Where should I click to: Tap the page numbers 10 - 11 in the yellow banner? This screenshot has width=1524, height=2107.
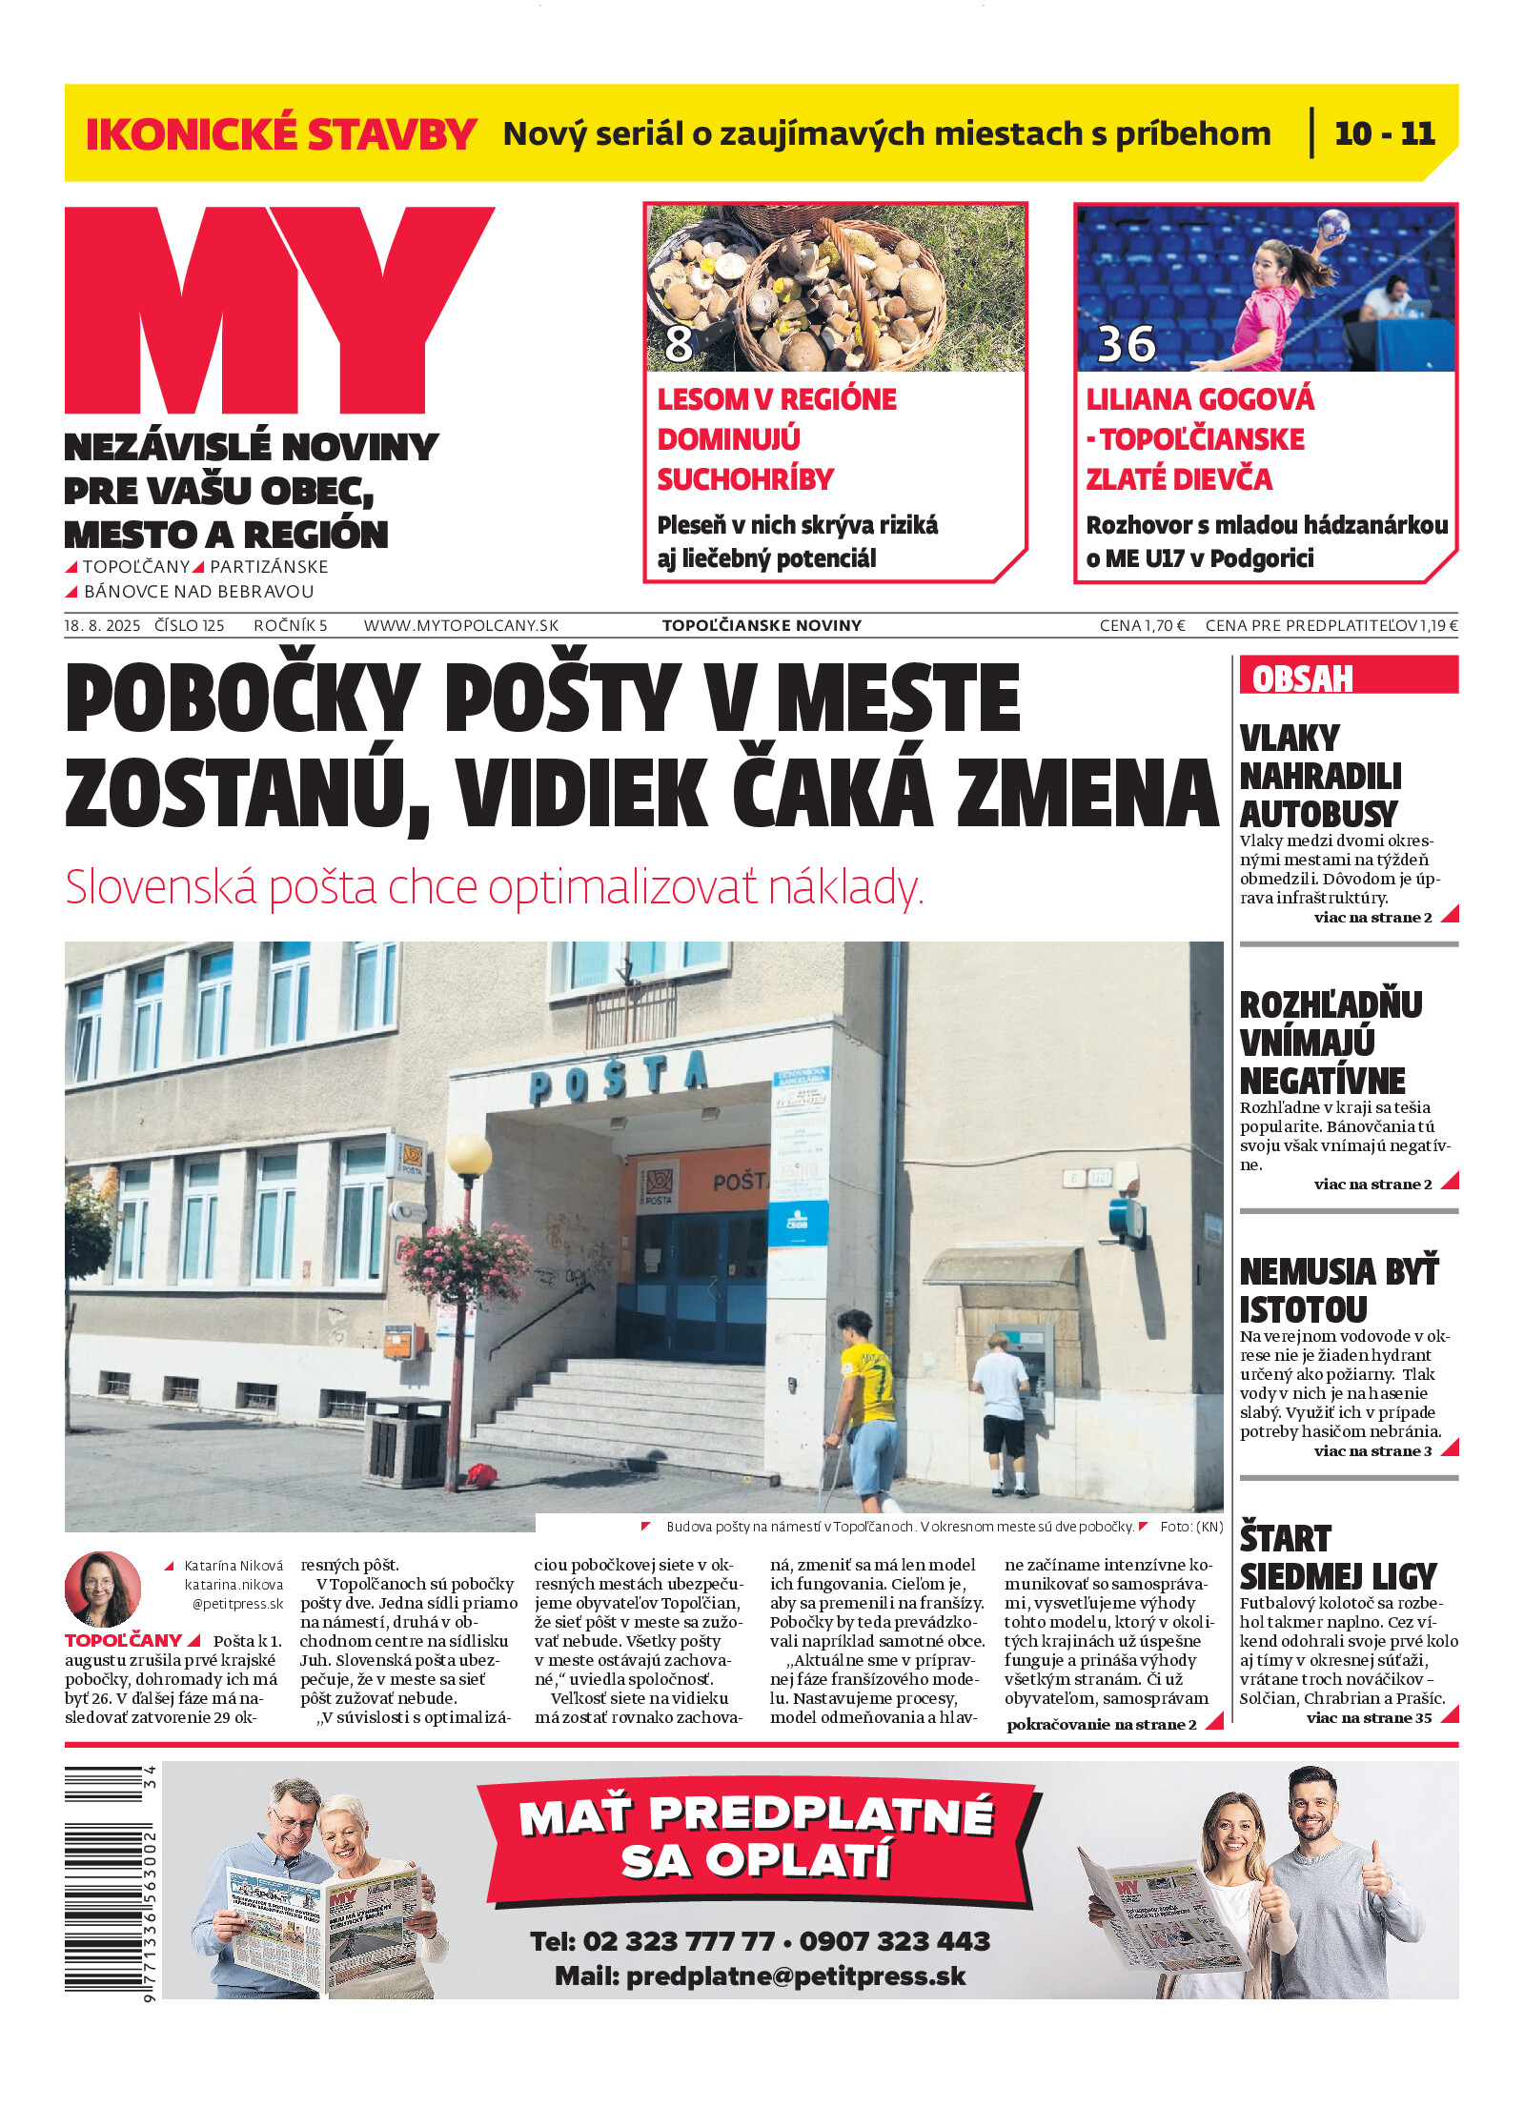[x=1384, y=133]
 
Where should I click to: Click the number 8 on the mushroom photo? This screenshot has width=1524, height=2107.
[x=679, y=343]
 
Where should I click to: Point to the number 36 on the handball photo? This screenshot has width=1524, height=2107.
[x=1126, y=344]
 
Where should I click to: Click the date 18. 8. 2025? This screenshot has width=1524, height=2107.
[x=102, y=625]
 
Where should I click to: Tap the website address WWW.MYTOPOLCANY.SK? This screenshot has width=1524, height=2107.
[x=461, y=625]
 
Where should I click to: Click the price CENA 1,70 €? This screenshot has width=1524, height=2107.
[x=1142, y=625]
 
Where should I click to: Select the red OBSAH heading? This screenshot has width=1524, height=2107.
[x=1302, y=678]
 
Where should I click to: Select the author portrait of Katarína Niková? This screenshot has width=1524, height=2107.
[x=102, y=1589]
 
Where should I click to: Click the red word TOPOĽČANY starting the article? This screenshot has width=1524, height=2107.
[x=123, y=1640]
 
